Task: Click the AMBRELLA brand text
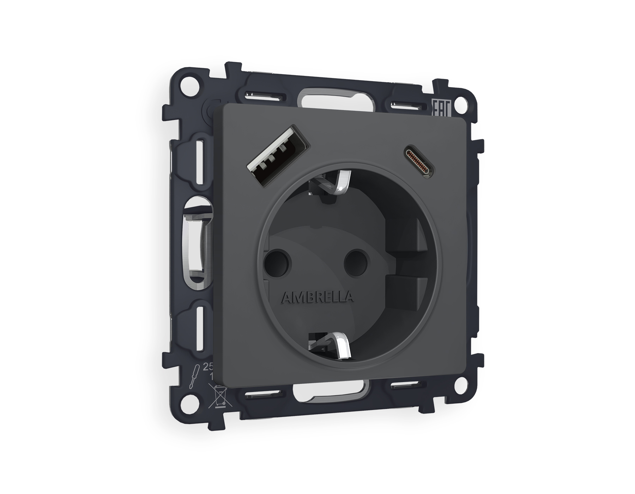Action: (317, 297)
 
